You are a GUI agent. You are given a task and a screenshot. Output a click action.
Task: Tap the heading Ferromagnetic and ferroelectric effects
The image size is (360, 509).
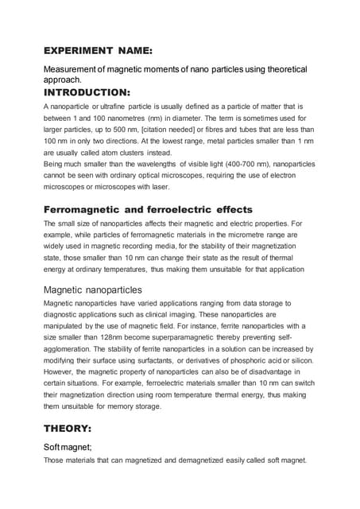coord(147,209)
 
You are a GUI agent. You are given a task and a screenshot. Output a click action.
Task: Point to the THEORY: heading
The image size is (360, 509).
coord(69,427)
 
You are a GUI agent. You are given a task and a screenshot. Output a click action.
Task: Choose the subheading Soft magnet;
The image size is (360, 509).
coord(68,447)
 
